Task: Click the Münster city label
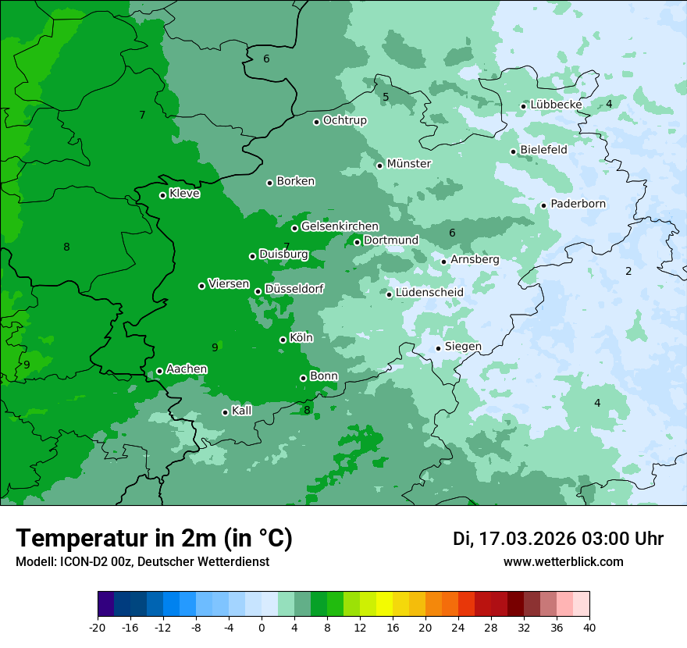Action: click(408, 164)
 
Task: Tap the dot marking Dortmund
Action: click(358, 242)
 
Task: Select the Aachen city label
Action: click(187, 369)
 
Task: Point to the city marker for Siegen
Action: click(439, 348)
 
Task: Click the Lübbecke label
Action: click(556, 105)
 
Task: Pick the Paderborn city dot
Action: click(544, 206)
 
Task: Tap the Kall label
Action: click(242, 411)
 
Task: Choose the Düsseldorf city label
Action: click(294, 289)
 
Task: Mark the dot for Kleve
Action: click(163, 195)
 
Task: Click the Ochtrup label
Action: click(344, 120)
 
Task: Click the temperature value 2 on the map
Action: click(628, 271)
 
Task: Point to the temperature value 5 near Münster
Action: click(386, 97)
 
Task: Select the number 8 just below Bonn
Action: click(307, 410)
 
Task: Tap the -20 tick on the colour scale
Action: click(98, 628)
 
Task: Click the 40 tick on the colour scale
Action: click(589, 628)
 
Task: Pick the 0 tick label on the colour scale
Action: click(262, 628)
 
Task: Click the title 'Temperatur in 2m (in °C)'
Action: click(155, 539)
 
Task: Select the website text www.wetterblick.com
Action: click(563, 562)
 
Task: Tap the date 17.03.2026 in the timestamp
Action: click(528, 539)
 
